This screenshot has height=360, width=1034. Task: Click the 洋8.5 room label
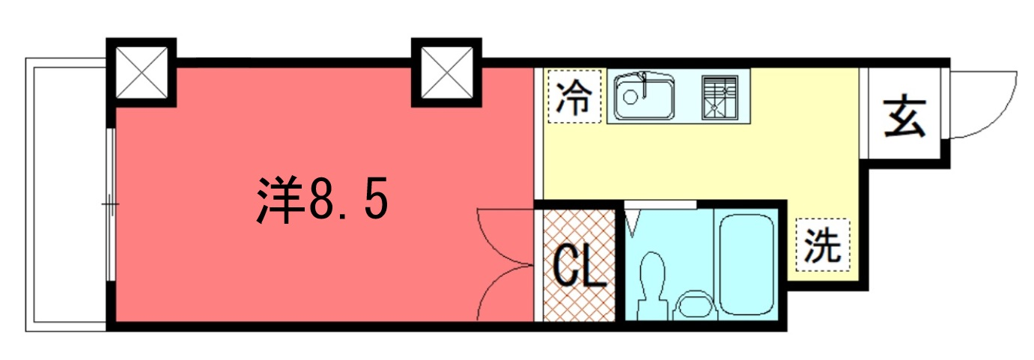point(322,200)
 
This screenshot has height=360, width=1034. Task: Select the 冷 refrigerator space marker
point(574,97)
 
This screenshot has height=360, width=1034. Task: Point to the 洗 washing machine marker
point(823,245)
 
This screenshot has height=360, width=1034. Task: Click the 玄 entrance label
point(905,116)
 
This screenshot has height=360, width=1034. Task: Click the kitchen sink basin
point(644,96)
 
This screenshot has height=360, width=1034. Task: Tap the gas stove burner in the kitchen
point(720,98)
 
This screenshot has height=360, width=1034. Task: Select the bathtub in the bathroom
point(746,264)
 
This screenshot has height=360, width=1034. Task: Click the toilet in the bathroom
point(652,284)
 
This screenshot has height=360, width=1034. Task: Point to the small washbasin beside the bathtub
point(696,305)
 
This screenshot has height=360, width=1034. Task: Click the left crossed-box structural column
point(142,73)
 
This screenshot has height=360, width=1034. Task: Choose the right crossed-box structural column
point(446,73)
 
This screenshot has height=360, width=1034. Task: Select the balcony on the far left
point(66,195)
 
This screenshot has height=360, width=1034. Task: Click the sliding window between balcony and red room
point(110,204)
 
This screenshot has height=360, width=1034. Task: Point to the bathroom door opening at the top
point(660,204)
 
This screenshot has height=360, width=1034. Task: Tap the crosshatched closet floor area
point(580,265)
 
